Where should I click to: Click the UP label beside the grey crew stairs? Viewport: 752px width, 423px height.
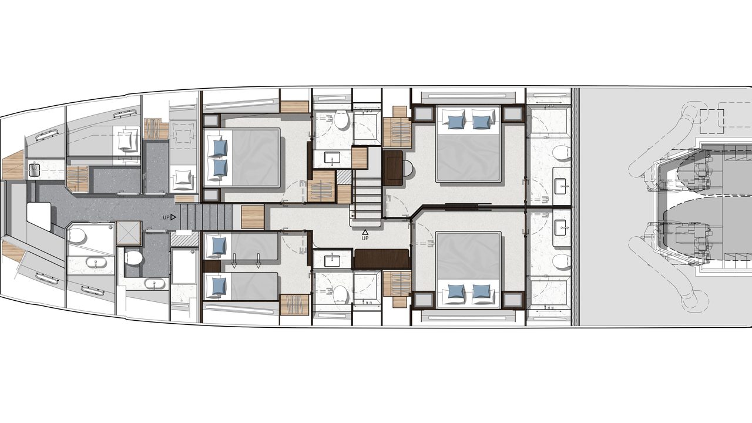coord(166,217)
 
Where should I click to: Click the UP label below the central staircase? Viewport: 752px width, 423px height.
coord(365,238)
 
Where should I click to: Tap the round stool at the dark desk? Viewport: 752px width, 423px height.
coord(408,169)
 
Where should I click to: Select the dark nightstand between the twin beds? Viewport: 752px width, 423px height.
coord(212,266)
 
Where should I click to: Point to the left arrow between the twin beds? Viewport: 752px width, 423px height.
coord(234,260)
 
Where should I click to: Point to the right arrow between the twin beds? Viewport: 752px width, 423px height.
coord(258,260)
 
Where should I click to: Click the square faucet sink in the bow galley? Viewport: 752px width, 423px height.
coord(34,169)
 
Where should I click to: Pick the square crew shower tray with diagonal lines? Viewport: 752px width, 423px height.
coord(129,233)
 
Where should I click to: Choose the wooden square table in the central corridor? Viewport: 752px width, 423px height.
coord(253,217)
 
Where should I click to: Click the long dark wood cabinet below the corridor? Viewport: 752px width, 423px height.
coord(382,259)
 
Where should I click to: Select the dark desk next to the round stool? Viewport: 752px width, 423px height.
coord(393,168)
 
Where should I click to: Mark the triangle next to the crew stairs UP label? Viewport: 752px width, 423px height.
coord(173,217)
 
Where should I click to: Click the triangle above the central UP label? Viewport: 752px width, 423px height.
coord(365,232)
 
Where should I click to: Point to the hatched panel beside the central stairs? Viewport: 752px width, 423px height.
coord(344,177)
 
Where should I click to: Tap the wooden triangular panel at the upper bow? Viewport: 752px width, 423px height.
coord(12,166)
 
